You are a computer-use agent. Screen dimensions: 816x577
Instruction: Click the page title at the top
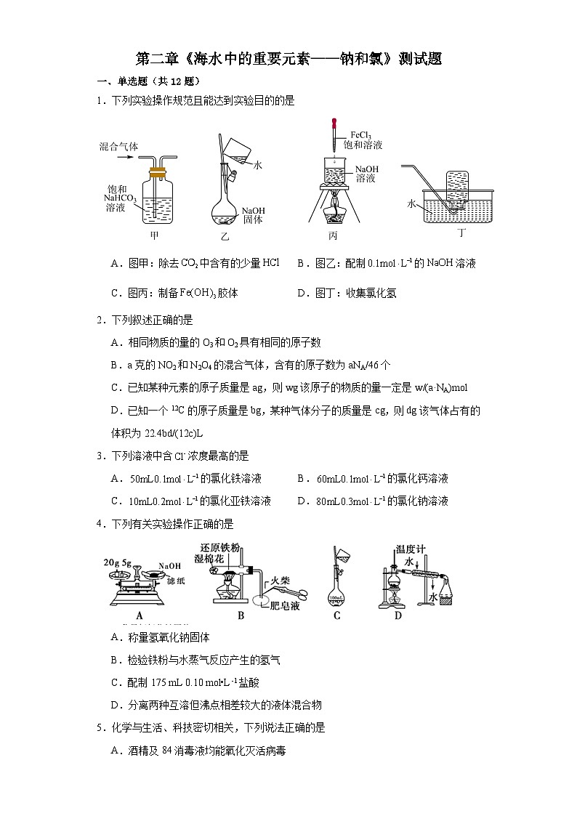288,60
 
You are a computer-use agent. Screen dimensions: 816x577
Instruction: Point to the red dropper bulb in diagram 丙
335,124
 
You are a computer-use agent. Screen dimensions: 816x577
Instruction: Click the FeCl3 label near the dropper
361,135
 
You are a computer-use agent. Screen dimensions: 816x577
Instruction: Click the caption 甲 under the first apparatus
154,235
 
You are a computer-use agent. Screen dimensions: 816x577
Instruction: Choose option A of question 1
195,264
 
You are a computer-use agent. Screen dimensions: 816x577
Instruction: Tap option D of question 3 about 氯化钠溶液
373,501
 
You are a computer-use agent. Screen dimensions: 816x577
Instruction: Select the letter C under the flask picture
337,615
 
